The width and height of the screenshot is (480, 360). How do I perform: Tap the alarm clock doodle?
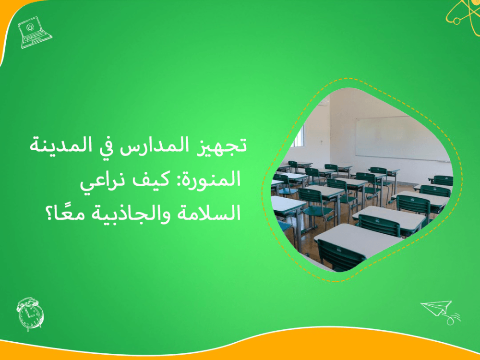30,314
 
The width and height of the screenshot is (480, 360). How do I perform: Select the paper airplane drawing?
437,308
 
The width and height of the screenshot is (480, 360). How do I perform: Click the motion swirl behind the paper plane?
453,318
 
